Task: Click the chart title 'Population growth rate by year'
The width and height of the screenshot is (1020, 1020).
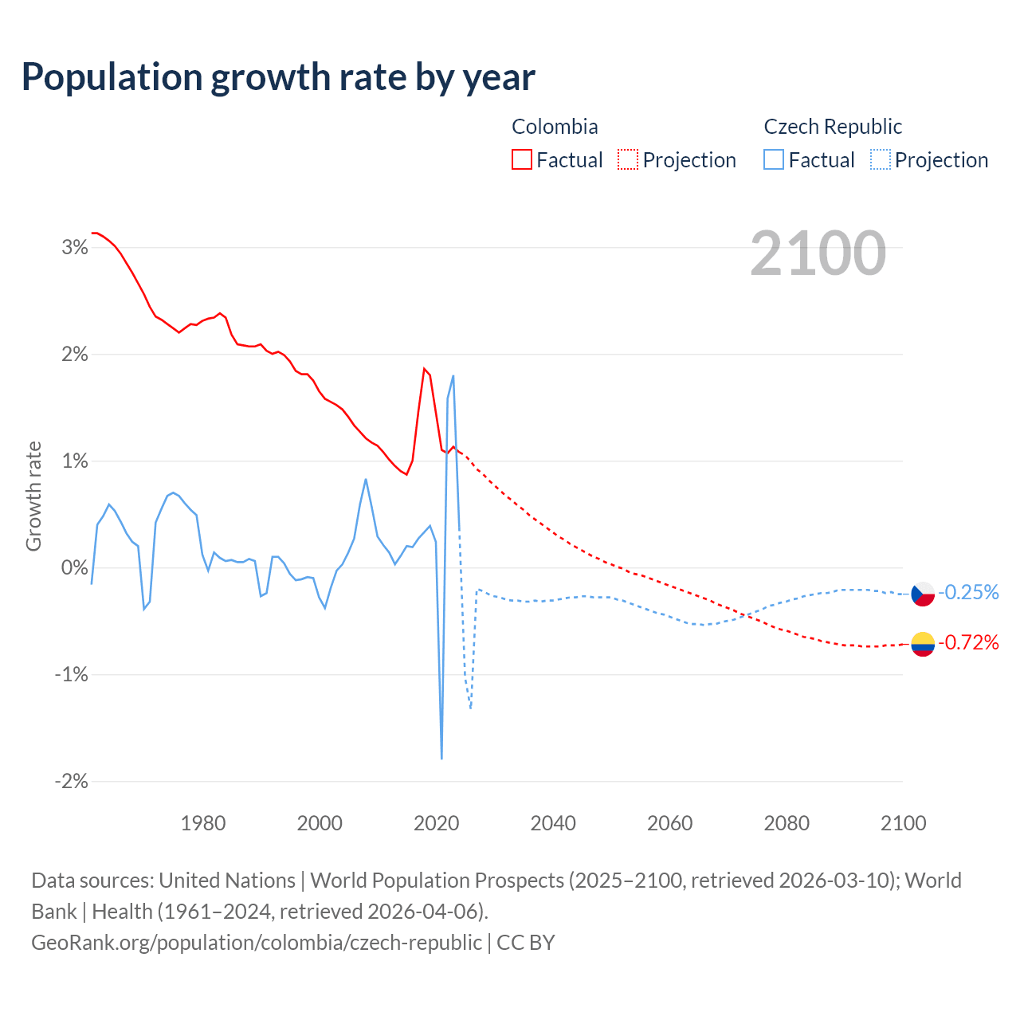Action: pyautogui.click(x=278, y=77)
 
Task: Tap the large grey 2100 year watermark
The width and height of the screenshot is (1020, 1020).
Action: pyautogui.click(x=818, y=253)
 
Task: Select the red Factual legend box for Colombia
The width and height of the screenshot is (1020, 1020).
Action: pyautogui.click(x=521, y=160)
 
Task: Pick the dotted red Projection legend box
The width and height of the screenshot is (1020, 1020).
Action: pyautogui.click(x=628, y=160)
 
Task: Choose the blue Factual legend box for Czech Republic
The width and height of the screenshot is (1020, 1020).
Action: pyautogui.click(x=773, y=160)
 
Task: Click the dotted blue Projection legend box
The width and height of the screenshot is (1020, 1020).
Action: pyautogui.click(x=881, y=160)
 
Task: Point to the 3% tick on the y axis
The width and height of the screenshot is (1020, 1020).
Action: pyautogui.click(x=75, y=248)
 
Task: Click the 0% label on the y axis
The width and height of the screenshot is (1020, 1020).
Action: pyautogui.click(x=75, y=568)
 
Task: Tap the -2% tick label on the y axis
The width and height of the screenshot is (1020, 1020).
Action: pyautogui.click(x=71, y=782)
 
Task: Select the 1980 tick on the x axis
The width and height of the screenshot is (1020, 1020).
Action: pyautogui.click(x=203, y=823)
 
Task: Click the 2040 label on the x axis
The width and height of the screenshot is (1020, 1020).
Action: pyautogui.click(x=553, y=823)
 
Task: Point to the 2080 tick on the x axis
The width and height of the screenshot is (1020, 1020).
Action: pyautogui.click(x=787, y=823)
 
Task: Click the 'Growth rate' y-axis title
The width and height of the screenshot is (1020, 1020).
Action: pyautogui.click(x=33, y=496)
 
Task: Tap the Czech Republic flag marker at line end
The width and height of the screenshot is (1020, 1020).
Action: pyautogui.click(x=923, y=594)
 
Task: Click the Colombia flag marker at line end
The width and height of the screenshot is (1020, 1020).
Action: pyautogui.click(x=923, y=643)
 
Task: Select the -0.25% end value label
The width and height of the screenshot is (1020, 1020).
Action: pyautogui.click(x=968, y=592)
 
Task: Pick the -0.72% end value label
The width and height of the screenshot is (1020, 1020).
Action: pyautogui.click(x=968, y=642)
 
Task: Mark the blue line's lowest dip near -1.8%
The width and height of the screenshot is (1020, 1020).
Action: pyautogui.click(x=441, y=758)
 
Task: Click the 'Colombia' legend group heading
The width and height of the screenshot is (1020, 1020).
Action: pyautogui.click(x=555, y=127)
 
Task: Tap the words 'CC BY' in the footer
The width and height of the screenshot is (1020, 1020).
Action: pyautogui.click(x=526, y=943)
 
